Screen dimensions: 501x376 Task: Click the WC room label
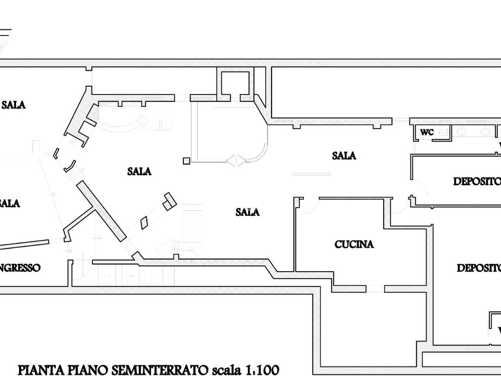pyautogui.click(x=427, y=132)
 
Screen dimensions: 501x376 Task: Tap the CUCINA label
pyautogui.click(x=354, y=244)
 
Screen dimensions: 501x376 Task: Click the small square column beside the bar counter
pyautogui.click(x=186, y=161)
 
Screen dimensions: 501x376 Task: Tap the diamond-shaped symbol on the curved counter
pyautogui.click(x=236, y=161)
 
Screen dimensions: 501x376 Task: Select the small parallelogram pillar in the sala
pyautogui.click(x=144, y=223)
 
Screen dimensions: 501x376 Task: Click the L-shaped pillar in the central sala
pyautogui.click(x=169, y=201)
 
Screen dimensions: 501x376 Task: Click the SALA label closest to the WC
pyautogui.click(x=344, y=156)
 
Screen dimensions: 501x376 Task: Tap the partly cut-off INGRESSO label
pyautogui.click(x=20, y=268)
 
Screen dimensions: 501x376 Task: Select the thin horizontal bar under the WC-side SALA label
pyautogui.click(x=312, y=174)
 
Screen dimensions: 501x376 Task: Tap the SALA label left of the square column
pyautogui.click(x=139, y=171)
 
